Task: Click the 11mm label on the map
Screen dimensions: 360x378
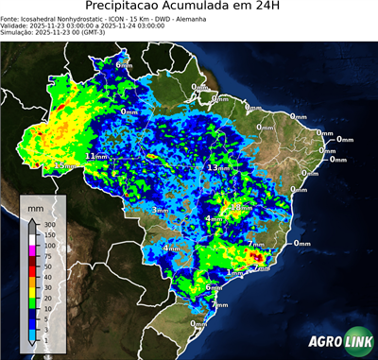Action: pos(96,156)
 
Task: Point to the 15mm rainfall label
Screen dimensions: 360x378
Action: pos(63,166)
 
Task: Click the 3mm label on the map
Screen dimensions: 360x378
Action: pos(161,210)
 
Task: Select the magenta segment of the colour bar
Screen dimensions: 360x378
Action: pos(33,251)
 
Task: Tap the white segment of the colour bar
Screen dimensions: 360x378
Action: pos(33,240)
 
